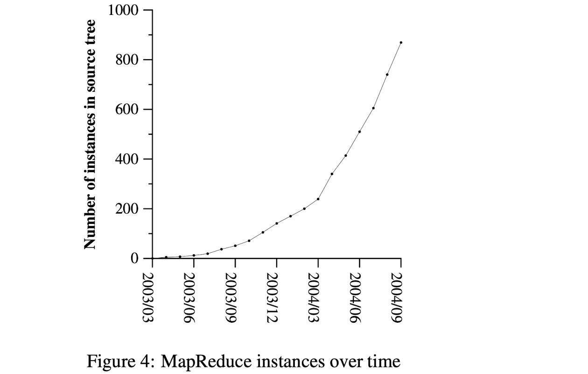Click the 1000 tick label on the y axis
(123, 10)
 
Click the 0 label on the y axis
(135, 258)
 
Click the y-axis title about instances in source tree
(90, 134)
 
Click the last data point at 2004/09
(401, 42)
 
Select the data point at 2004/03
(318, 199)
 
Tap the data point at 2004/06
(359, 132)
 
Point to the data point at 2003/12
(277, 223)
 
